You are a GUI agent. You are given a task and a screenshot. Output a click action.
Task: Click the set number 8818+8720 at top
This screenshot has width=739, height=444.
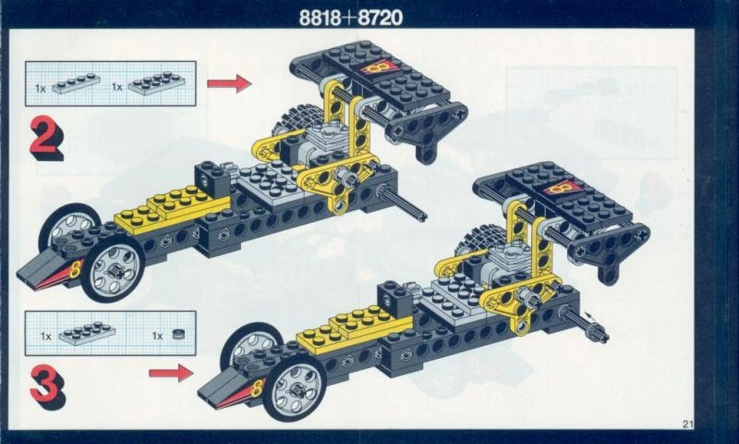point(351,18)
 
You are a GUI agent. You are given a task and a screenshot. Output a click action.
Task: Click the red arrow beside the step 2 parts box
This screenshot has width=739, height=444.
point(229,83)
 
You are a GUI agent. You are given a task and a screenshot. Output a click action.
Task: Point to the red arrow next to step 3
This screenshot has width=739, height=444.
point(171,374)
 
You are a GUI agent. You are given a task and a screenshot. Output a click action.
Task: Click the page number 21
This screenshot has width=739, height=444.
point(687,424)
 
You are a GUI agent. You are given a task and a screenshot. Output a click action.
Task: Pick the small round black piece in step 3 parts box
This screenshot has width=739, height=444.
point(177,334)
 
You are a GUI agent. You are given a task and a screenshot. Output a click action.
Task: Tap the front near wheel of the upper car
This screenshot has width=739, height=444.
point(113,269)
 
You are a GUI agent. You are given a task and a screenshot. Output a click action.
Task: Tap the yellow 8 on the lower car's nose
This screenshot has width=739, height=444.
point(258,388)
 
